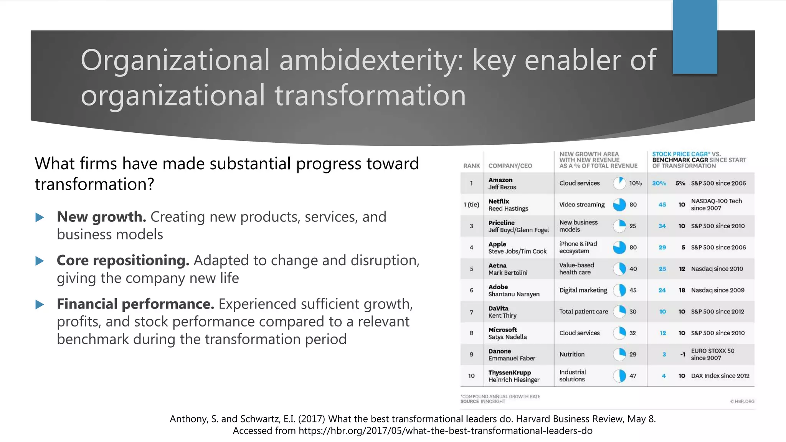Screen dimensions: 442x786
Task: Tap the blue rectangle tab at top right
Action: pos(695,37)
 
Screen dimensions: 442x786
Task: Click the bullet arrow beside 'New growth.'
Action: pos(40,218)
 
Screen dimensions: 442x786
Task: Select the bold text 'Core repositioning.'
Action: pos(123,261)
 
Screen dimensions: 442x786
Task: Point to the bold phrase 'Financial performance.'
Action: pos(135,304)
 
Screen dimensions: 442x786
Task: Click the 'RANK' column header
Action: pos(471,166)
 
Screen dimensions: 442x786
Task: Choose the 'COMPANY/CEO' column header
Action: pos(510,166)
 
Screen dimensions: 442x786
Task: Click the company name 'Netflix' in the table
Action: pos(499,201)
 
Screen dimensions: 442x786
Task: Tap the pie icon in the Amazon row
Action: pos(619,183)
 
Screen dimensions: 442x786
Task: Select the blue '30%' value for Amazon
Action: pos(659,183)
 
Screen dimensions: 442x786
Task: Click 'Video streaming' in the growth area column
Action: pos(582,205)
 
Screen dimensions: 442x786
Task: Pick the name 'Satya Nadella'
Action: pos(507,337)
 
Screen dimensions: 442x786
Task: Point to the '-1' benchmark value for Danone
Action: pos(682,354)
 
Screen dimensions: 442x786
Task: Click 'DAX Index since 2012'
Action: pos(720,376)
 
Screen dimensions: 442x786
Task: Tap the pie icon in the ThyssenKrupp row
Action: pos(619,376)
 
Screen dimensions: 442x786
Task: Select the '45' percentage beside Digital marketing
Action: pos(633,290)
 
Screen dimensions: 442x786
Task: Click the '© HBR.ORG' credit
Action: pos(742,401)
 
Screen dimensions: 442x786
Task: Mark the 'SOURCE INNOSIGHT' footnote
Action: pos(483,401)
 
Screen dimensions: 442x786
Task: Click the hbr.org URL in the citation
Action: pos(445,430)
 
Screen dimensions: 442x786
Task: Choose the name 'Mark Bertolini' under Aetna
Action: pos(508,272)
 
